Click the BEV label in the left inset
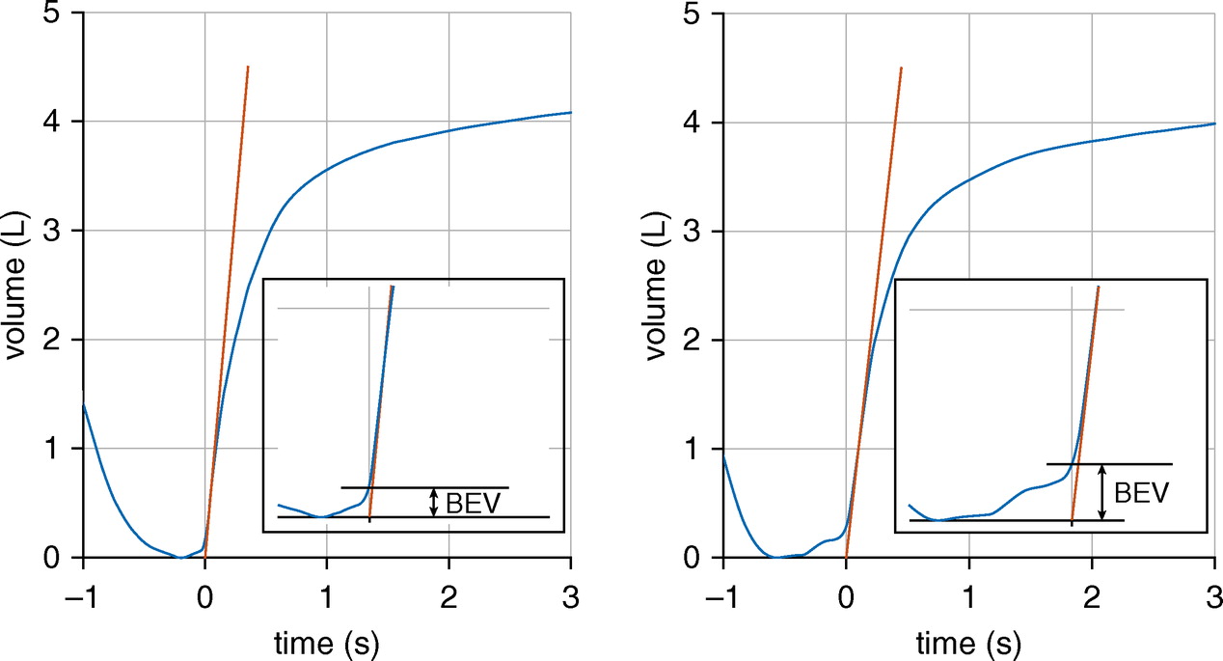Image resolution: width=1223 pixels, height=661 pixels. tap(473, 503)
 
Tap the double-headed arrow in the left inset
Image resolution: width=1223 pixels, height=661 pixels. tap(434, 502)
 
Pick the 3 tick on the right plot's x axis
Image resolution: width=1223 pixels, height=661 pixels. tap(1212, 590)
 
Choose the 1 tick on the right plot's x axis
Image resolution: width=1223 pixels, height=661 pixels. tap(967, 590)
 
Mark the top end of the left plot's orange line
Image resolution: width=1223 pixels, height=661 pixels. tap(248, 67)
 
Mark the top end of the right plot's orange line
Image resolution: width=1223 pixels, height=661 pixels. tap(901, 68)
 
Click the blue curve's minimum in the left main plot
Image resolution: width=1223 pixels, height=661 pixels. tap(180, 557)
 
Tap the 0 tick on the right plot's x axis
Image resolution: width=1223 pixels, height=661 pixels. tap(846, 590)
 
